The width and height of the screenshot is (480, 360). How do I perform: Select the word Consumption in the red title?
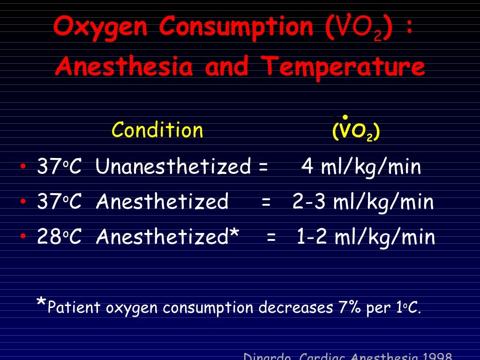click(236, 27)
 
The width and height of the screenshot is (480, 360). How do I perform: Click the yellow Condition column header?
click(157, 130)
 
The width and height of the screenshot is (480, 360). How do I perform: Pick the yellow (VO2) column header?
click(356, 132)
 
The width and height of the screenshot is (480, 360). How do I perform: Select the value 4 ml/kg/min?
click(361, 167)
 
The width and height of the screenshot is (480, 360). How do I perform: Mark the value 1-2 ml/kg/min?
click(366, 238)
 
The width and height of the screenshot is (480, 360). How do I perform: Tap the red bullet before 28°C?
click(23, 238)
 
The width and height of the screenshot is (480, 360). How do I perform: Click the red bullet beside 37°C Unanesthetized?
click(23, 167)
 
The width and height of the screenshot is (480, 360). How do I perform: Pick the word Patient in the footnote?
click(74, 307)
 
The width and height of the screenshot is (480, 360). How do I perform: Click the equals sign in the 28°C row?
click(271, 238)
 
